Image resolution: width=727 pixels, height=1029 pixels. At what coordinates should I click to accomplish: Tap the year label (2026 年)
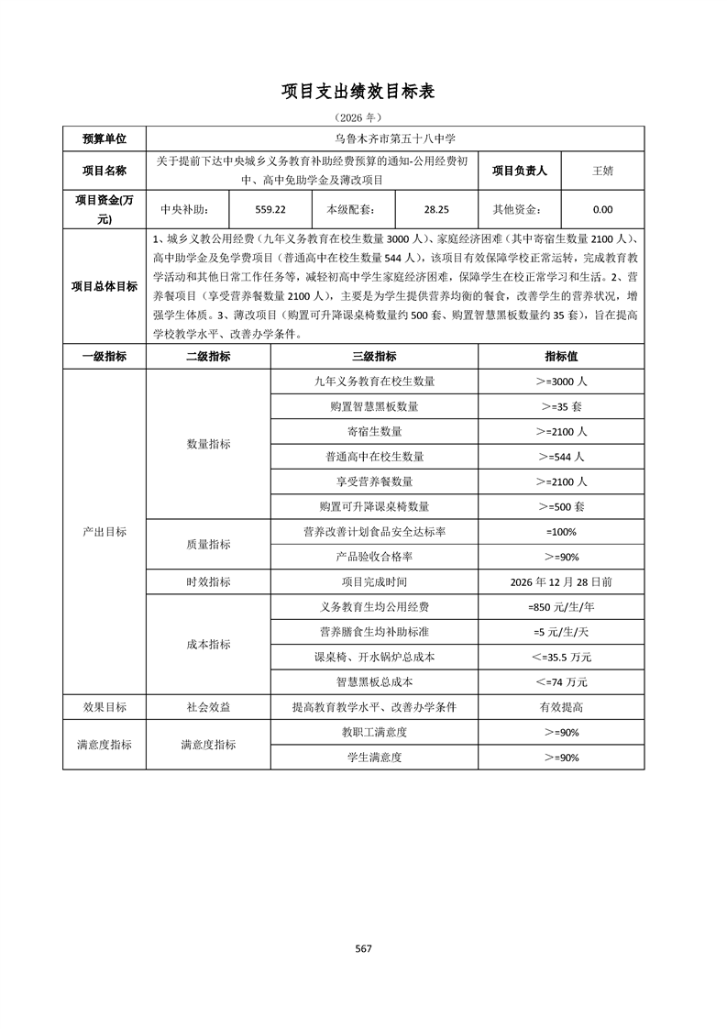[362, 117]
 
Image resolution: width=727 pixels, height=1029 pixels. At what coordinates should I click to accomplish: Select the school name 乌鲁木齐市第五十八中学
[395, 138]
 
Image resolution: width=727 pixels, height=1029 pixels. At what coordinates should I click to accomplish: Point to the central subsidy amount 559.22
[270, 209]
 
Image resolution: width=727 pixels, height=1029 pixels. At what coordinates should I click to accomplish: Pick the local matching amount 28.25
[435, 209]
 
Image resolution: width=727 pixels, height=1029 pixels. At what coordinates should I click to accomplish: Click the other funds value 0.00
[602, 209]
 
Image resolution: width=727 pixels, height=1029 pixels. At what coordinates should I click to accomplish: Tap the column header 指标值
[561, 356]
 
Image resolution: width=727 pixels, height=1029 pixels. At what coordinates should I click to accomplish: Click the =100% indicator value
[561, 531]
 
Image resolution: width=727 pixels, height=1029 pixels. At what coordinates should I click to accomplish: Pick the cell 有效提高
[561, 707]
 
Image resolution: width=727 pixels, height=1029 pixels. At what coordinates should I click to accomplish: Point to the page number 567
[363, 948]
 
